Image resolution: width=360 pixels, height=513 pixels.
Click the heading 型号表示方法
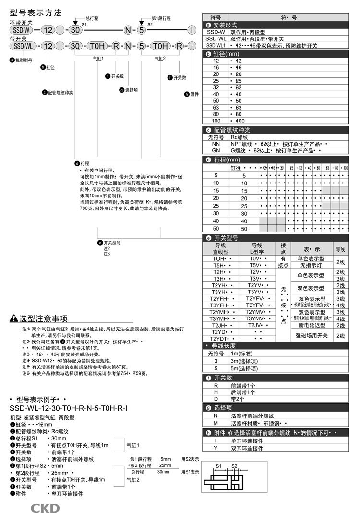click(36, 13)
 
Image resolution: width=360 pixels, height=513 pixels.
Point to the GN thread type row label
click(216, 150)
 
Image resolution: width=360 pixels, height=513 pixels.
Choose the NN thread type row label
click(216, 144)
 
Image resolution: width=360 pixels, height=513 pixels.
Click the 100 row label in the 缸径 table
click(216, 121)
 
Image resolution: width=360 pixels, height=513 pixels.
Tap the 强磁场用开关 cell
click(311, 335)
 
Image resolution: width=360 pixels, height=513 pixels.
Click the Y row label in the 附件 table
click(216, 448)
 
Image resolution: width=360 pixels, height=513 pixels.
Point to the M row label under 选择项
click(216, 423)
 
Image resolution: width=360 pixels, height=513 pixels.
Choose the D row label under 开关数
click(216, 399)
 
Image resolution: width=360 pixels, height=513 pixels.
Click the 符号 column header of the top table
click(216, 17)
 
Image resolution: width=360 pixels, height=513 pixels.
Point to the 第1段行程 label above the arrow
click(161, 18)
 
